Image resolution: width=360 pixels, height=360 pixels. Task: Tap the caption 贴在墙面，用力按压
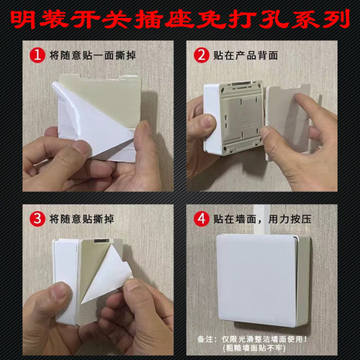pyautogui.click(x=270, y=217)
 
